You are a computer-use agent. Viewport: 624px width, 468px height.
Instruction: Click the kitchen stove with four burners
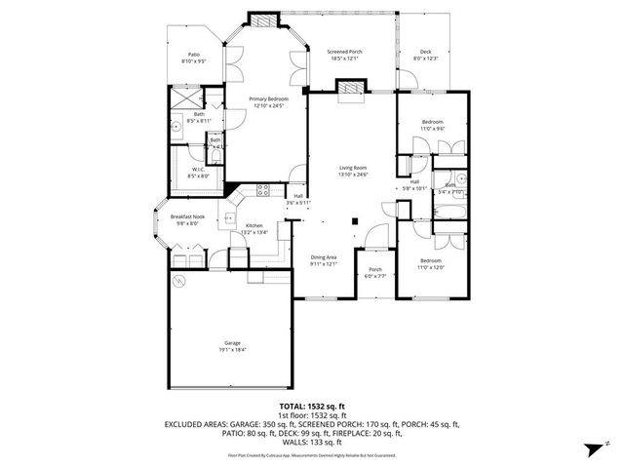point(261,188)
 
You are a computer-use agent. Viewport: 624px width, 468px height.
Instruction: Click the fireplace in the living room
point(349,89)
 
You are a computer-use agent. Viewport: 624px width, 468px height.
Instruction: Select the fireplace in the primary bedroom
point(261,19)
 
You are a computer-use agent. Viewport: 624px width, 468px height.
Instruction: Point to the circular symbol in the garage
point(178,282)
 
